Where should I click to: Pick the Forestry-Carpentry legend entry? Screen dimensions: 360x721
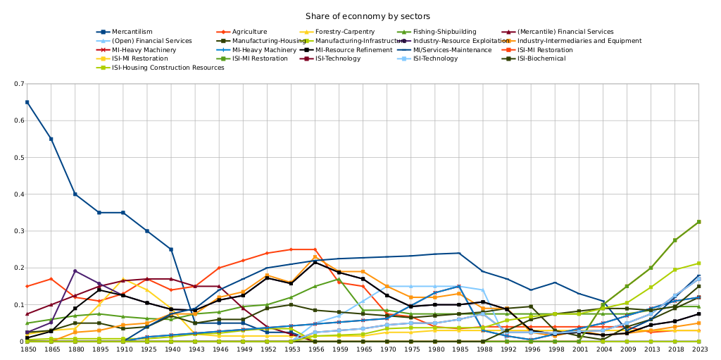tap(345, 32)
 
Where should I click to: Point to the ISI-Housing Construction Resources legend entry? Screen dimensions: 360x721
tap(168, 68)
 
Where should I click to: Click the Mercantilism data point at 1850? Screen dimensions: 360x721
tap(27, 102)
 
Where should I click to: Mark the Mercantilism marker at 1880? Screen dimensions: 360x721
tap(75, 194)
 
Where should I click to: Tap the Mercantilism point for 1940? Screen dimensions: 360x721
tap(171, 249)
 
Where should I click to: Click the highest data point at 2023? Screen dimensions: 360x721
tap(698, 222)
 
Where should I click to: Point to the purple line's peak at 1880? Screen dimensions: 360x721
tap(75, 271)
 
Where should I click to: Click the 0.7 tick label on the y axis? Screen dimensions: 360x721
tap(20, 84)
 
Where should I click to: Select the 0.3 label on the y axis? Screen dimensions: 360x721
tap(20, 231)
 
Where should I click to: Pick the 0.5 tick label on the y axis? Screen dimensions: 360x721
tap(20, 158)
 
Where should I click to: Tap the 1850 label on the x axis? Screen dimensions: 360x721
tap(27, 349)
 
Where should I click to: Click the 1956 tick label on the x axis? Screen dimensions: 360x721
tap(315, 349)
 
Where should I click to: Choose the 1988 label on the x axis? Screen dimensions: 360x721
tap(483, 349)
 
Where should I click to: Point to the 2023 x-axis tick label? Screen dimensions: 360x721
tap(698, 349)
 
